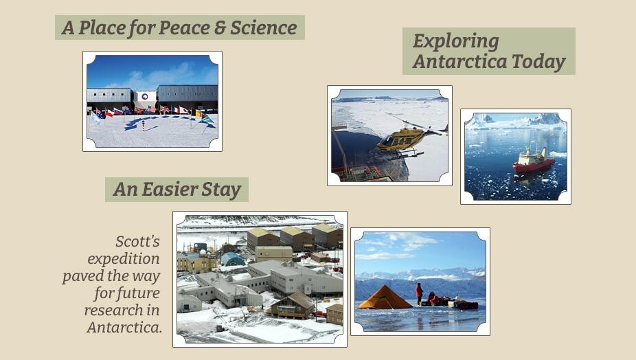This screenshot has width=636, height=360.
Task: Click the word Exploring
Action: [455, 41]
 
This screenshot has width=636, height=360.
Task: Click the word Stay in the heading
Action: [223, 190]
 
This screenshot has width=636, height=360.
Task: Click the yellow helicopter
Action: [402, 139]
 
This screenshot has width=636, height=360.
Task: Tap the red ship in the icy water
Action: [533, 161]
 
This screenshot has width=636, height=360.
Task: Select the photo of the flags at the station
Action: [152, 101]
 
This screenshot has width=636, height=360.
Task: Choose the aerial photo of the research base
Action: [260, 278]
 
